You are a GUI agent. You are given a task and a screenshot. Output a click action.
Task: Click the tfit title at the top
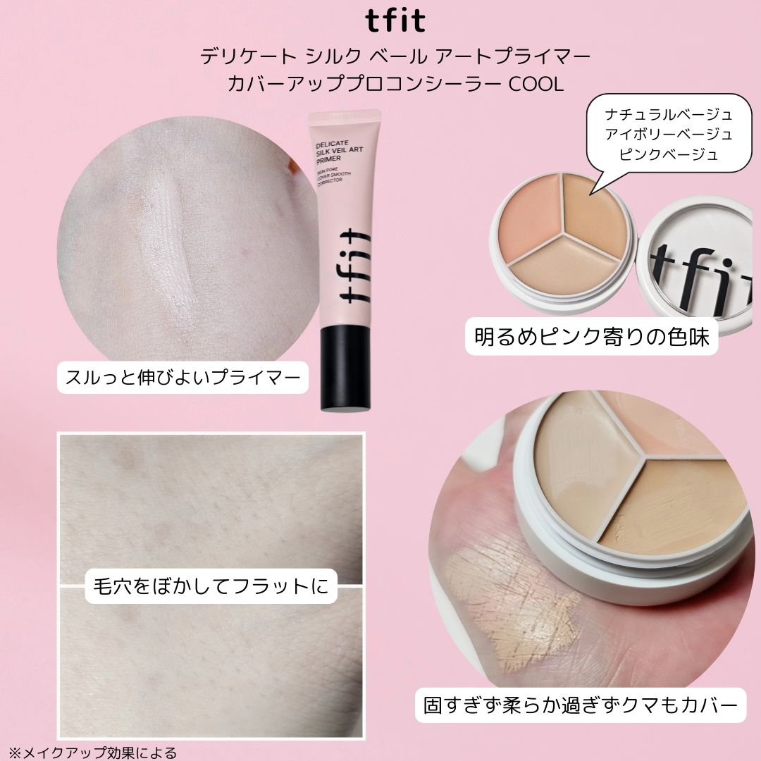click(395, 20)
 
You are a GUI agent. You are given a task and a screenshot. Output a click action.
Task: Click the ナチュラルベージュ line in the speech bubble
click(669, 115)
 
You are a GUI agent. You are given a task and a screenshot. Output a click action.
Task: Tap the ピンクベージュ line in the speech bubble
click(669, 153)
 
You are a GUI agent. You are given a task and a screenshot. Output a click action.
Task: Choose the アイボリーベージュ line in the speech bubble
click(669, 134)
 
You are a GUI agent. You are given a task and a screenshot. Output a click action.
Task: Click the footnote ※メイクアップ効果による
click(92, 752)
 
